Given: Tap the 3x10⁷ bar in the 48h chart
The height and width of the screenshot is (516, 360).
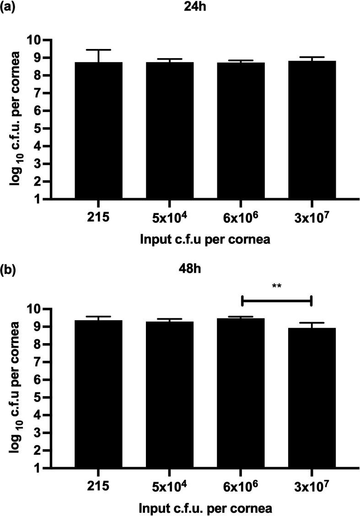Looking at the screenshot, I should tap(311, 398).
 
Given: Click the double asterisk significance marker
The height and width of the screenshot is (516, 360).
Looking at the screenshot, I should tap(276, 286).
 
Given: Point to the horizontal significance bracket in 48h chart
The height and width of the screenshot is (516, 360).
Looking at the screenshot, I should tap(276, 301).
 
